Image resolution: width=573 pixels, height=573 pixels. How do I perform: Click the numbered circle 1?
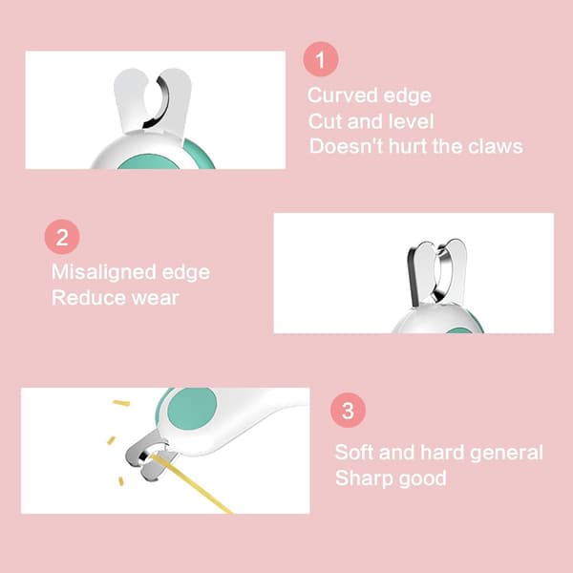pyautogui.click(x=321, y=59)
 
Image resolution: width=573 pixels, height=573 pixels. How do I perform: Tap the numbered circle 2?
pyautogui.click(x=62, y=237)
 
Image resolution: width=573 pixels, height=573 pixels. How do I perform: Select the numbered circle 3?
pyautogui.click(x=348, y=410)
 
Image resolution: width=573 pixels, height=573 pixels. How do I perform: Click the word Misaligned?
pyautogui.click(x=104, y=273)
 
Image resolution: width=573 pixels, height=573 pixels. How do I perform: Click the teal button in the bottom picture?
pyautogui.click(x=192, y=408)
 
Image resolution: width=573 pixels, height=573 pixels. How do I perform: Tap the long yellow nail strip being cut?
pyautogui.click(x=192, y=483)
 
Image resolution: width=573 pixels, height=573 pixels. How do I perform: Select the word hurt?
pyautogui.click(x=408, y=146)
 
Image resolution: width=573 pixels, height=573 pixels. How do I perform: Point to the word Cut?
pyautogui.click(x=325, y=121)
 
